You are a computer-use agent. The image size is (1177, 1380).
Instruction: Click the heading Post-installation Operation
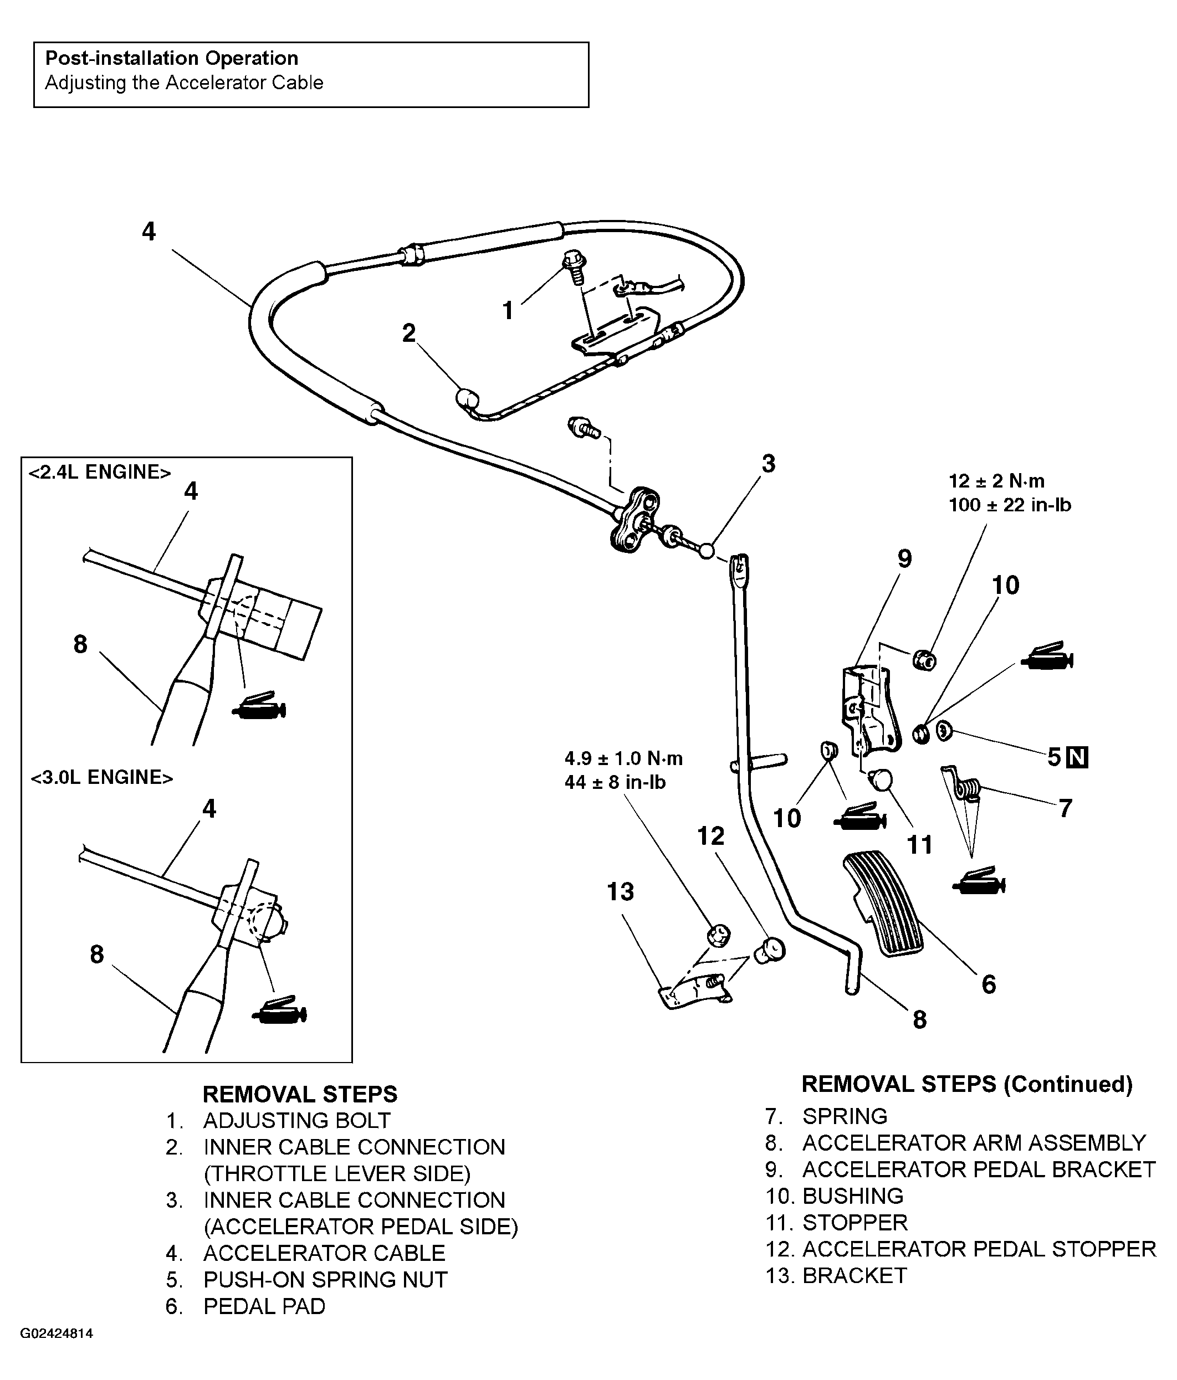[171, 58]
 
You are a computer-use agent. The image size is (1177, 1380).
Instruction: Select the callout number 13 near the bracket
[620, 892]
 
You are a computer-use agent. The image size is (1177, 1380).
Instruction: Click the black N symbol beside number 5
[1077, 757]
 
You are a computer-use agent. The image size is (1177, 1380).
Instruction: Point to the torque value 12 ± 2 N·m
[996, 481]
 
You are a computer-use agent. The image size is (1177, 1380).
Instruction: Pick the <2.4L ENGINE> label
[99, 472]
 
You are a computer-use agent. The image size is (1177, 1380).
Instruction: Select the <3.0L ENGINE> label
[101, 777]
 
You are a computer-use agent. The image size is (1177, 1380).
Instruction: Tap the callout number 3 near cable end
[768, 464]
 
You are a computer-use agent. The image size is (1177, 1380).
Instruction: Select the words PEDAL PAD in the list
[264, 1306]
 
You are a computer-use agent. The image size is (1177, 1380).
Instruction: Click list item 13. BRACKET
[836, 1275]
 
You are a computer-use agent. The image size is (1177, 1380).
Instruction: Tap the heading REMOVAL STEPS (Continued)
[966, 1084]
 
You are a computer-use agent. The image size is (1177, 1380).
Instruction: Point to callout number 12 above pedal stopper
[710, 836]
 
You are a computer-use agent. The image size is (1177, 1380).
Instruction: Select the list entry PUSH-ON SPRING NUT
[325, 1279]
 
